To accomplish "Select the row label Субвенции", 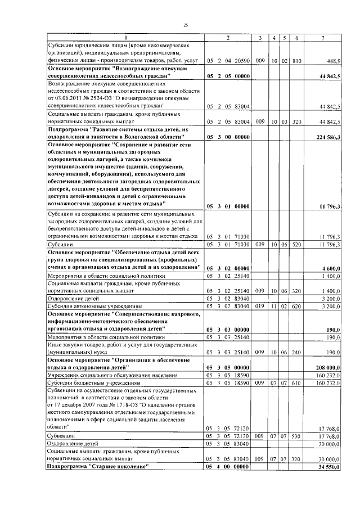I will tap(61, 436).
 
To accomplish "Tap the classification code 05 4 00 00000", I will tap(227, 467).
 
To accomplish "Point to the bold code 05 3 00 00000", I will tap(227, 137).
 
